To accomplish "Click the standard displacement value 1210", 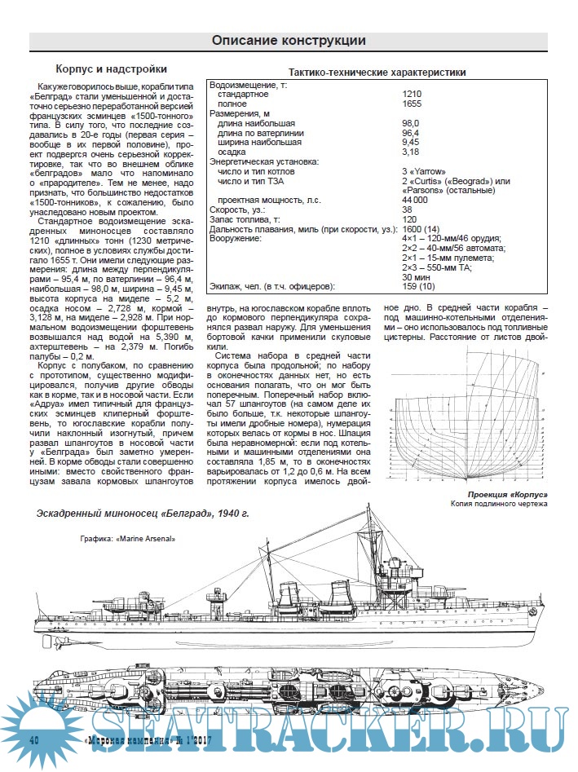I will (413, 95).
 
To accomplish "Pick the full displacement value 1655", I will (413, 104).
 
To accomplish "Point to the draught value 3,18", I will (412, 152).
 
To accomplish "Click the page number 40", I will (34, 739).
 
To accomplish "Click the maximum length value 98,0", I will (413, 123).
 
